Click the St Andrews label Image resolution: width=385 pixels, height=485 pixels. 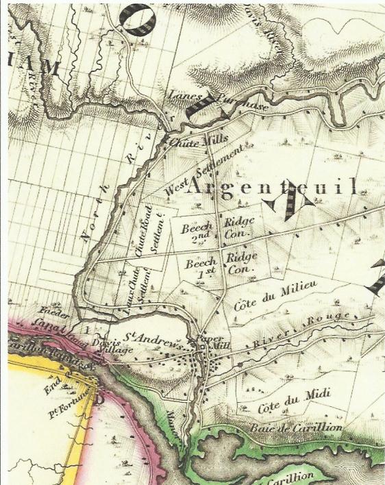pyautogui.click(x=155, y=339)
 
